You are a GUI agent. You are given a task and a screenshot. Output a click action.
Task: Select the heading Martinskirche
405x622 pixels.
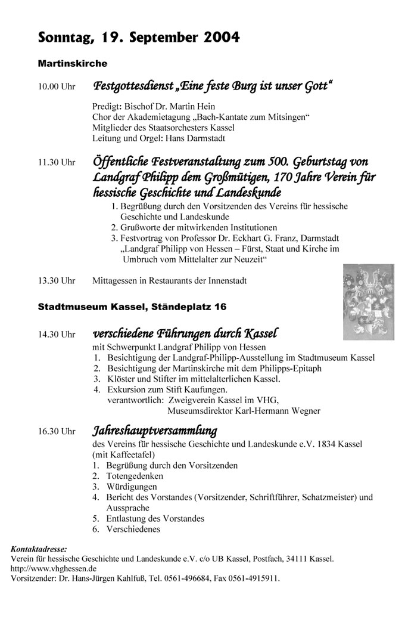pyautogui.click(x=72, y=63)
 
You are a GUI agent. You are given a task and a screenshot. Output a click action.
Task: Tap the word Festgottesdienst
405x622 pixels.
pyautogui.click(x=132, y=86)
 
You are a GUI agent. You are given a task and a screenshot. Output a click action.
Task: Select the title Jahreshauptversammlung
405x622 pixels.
pyautogui.click(x=154, y=430)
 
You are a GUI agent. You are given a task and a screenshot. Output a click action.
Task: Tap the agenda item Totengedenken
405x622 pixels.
pyautogui.click(x=135, y=476)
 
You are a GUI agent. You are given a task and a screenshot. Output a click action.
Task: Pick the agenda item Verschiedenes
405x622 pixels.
pyautogui.click(x=133, y=529)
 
